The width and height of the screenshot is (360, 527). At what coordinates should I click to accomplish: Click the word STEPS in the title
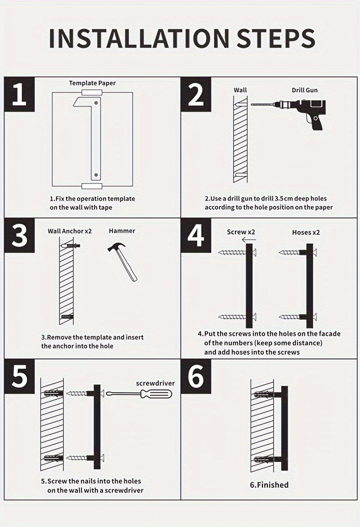point(276,38)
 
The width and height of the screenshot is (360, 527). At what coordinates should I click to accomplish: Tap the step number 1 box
point(19,94)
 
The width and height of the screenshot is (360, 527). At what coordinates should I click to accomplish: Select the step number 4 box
point(196,235)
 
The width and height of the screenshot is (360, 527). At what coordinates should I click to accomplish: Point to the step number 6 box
point(196,376)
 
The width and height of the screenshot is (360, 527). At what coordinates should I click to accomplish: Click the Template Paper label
point(92,83)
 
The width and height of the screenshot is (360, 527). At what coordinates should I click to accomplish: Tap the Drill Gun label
point(305,90)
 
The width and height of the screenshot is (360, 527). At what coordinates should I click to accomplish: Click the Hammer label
point(122,231)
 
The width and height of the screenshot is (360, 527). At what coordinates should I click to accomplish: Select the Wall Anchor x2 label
point(70,231)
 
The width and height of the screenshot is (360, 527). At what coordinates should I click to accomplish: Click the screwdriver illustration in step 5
point(139,394)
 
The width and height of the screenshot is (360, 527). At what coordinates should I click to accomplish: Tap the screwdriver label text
point(155,384)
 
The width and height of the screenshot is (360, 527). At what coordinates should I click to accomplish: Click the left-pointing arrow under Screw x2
point(249,240)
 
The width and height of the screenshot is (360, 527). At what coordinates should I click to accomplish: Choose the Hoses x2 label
point(306,232)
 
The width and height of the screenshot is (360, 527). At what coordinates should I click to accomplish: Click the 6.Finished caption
point(269,485)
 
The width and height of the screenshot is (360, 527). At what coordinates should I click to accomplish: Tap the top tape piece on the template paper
point(91,93)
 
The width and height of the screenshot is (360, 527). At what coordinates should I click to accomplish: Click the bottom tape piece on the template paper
point(91,186)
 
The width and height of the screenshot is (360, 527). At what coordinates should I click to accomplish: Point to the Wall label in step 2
point(240,90)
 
